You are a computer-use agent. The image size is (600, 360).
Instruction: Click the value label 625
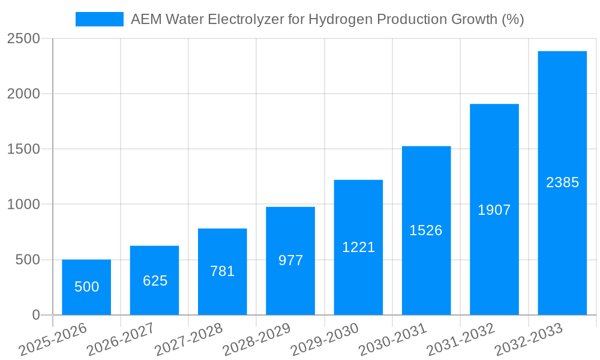point(155,281)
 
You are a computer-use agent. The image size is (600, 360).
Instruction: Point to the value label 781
point(222,271)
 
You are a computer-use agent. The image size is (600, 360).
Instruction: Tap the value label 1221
point(358,247)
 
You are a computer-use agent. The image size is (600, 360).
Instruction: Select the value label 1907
point(494,210)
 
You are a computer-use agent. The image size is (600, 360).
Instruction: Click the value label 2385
point(562,182)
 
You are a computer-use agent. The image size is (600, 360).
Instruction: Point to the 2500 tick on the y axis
point(23,39)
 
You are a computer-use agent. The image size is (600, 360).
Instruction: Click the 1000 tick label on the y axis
point(23,205)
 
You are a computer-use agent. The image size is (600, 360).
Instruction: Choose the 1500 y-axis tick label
point(23,149)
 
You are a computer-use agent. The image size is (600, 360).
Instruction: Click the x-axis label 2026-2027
point(121,339)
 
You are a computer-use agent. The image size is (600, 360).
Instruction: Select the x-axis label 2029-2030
point(325,339)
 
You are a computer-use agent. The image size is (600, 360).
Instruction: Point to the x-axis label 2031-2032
point(461,339)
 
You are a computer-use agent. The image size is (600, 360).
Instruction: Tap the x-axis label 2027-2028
point(188,339)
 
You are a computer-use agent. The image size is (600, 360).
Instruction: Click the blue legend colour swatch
point(99,20)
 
